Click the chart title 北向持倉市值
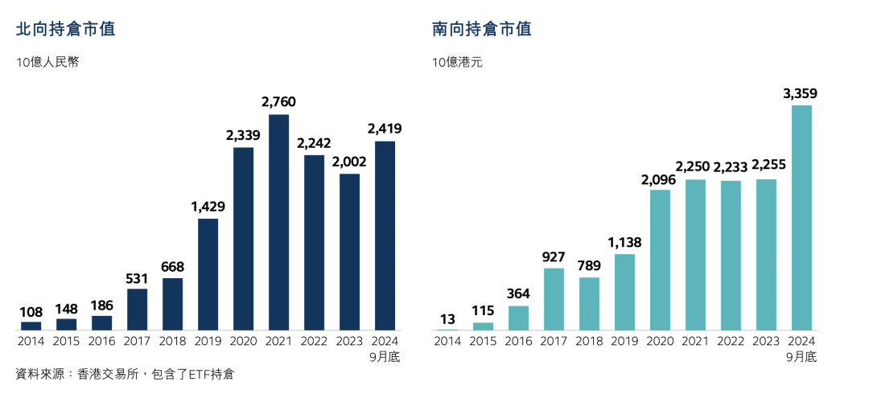pyautogui.click(x=65, y=30)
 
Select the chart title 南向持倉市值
pyautogui.click(x=481, y=30)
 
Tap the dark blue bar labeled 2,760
pyautogui.click(x=279, y=222)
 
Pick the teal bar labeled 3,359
pyautogui.click(x=801, y=217)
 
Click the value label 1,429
pyautogui.click(x=208, y=207)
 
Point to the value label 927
pyautogui.click(x=554, y=257)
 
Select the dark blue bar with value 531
pyautogui.click(x=137, y=310)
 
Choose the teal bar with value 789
pyautogui.click(x=589, y=303)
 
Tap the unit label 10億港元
pyautogui.click(x=457, y=63)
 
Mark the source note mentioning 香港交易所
pyautogui.click(x=125, y=374)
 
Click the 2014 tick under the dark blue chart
pyautogui.click(x=31, y=341)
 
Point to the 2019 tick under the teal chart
pyautogui.click(x=624, y=341)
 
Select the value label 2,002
pyautogui.click(x=349, y=162)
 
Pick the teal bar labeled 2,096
pyautogui.click(x=660, y=260)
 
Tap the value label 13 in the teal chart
pyautogui.click(x=447, y=319)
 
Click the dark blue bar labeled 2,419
pyautogui.click(x=385, y=236)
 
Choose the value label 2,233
pyautogui.click(x=731, y=166)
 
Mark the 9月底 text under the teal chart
pyautogui.click(x=801, y=356)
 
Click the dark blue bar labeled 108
pyautogui.click(x=31, y=326)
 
